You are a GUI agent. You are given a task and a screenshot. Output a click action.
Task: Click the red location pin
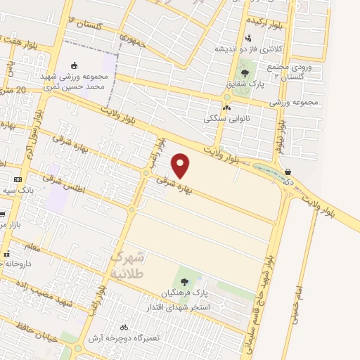coord(181,165)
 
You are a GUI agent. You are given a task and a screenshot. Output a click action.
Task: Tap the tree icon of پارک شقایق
coord(245,72)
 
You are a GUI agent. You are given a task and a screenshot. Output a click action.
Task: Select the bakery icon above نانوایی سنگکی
coord(226,108)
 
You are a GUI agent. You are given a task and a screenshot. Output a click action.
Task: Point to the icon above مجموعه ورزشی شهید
coord(75,65)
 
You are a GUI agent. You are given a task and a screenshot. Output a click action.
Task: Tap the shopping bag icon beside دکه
coord(288,171)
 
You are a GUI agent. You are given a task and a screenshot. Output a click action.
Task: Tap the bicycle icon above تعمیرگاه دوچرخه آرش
coord(124,327)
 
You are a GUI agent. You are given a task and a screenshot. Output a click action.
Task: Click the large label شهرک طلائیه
coord(127,264)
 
